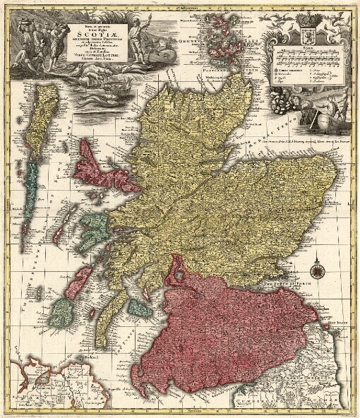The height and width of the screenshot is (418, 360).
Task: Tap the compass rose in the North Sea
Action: click(318, 269)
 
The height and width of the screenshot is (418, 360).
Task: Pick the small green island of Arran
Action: click(139, 309)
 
